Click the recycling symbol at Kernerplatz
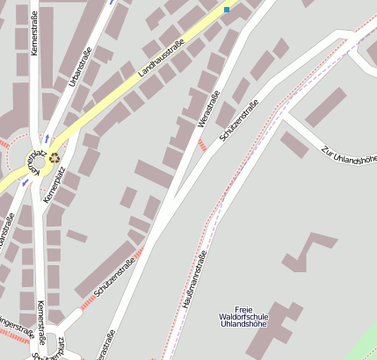point(54,157)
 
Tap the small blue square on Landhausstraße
point(227,10)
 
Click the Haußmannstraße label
point(194,278)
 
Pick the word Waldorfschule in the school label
point(243,316)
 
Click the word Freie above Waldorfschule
point(244,308)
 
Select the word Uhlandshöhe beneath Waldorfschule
point(244,325)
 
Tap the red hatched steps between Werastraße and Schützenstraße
point(203,144)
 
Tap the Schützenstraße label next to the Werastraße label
point(238,123)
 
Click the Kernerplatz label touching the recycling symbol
point(35,162)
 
